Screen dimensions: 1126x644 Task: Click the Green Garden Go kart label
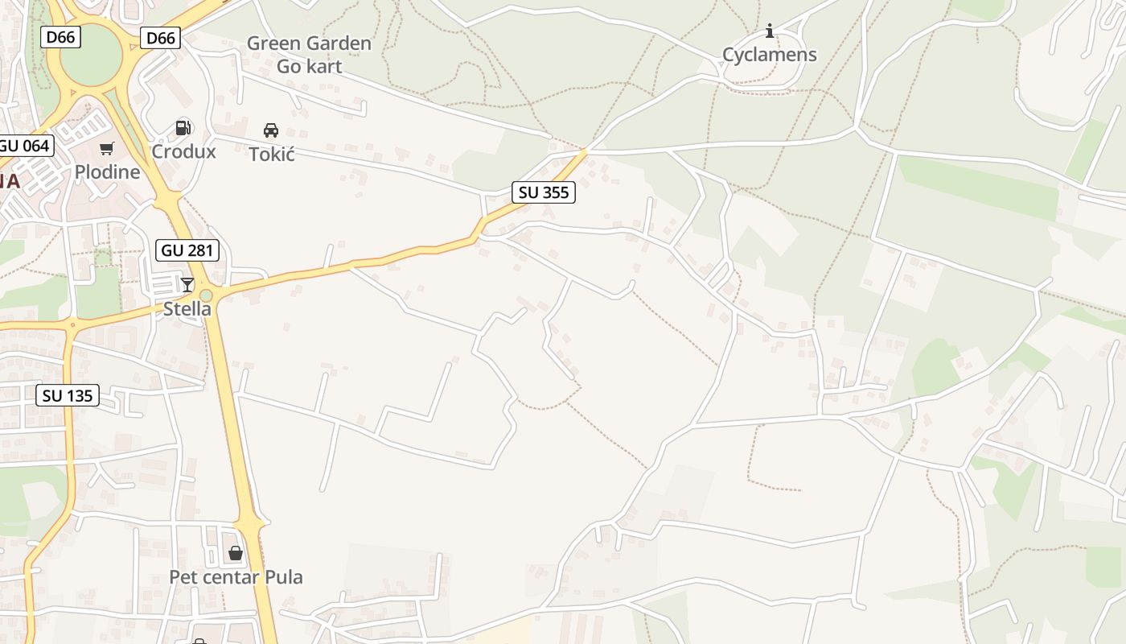309,55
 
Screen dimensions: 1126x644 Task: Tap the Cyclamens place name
769,55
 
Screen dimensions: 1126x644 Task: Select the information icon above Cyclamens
770,31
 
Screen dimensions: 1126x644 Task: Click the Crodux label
184,151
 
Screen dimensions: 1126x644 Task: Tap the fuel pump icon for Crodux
183,127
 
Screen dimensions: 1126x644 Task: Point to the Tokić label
272,154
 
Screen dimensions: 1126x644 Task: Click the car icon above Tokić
271,130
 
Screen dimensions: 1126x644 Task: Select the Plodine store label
107,171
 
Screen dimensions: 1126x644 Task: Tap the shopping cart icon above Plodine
107,148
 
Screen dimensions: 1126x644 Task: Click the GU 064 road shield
24,146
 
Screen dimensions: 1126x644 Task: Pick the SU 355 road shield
544,192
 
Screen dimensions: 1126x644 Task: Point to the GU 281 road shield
187,250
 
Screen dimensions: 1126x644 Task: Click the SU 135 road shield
68,395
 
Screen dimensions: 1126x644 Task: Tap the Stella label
187,308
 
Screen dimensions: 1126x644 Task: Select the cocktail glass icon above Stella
187,284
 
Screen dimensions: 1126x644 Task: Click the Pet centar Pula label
236,577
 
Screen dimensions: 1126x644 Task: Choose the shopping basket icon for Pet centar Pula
236,553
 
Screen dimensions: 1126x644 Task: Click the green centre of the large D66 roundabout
91,55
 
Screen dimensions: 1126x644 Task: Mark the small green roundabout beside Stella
207,296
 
